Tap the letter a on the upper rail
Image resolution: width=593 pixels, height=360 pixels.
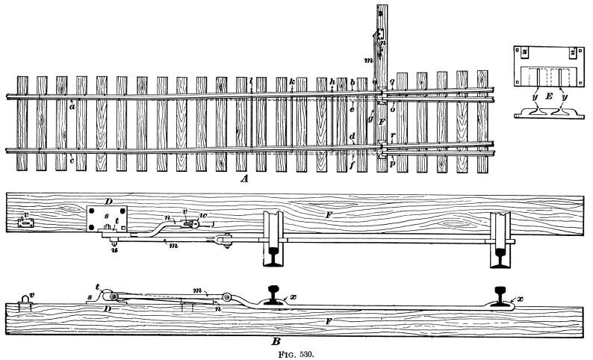[x=72, y=106]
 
